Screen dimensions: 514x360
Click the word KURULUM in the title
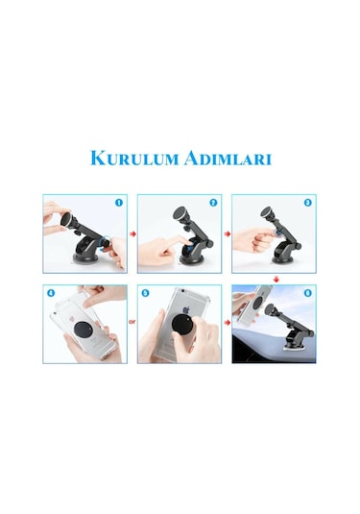point(130,158)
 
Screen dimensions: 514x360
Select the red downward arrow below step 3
point(276,279)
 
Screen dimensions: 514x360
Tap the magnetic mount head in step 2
point(180,212)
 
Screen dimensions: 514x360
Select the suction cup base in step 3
point(285,257)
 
